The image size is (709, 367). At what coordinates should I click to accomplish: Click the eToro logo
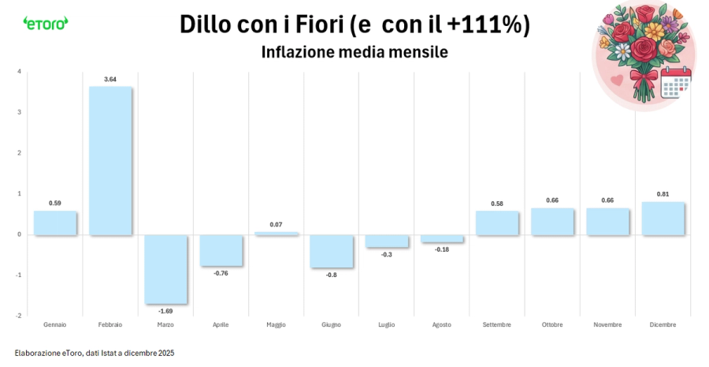[46, 23]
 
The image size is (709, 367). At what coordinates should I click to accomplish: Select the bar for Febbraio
[110, 160]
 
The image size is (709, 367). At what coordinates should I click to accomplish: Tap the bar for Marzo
[165, 269]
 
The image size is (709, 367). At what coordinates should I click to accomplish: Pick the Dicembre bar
[663, 219]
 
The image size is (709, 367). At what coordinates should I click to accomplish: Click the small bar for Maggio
[276, 234]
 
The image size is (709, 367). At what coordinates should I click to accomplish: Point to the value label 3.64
[110, 79]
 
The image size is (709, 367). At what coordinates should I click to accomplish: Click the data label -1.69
[165, 311]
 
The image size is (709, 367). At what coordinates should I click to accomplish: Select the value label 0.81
[663, 194]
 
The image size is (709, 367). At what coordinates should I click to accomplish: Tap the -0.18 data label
[442, 249]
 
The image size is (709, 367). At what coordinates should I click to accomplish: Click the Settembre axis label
[497, 324]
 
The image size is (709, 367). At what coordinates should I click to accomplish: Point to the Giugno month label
[331, 324]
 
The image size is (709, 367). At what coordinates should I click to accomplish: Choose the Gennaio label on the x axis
[55, 324]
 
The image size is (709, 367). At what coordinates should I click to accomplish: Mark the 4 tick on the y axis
[19, 72]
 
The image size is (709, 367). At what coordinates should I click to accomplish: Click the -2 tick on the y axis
[18, 315]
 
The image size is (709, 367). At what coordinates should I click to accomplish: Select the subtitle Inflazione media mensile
[354, 52]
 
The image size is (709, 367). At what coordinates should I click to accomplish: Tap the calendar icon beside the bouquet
[675, 82]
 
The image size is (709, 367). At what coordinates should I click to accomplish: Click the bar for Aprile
[221, 251]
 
